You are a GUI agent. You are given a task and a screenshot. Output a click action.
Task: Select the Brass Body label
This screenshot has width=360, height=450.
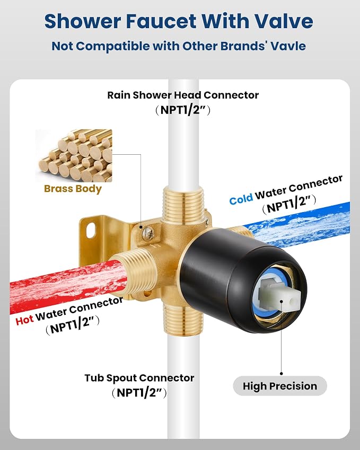(x=73, y=189)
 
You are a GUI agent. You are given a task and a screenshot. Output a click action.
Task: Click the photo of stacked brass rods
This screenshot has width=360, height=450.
(x=74, y=155)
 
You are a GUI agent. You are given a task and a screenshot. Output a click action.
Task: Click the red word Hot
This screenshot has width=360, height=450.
(x=24, y=320)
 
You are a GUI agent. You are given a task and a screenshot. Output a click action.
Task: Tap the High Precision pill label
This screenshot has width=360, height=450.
(x=280, y=386)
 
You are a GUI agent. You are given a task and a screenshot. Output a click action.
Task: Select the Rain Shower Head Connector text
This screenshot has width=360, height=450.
(x=183, y=95)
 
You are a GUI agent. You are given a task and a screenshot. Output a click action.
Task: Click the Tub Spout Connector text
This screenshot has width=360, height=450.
(x=139, y=378)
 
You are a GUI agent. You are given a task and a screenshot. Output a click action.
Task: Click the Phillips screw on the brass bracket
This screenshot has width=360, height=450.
(x=148, y=233)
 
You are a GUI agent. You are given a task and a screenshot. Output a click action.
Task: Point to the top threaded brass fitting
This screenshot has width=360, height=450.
(x=183, y=202)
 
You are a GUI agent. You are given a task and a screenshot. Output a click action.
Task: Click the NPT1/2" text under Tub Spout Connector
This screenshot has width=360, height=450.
(x=139, y=393)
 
